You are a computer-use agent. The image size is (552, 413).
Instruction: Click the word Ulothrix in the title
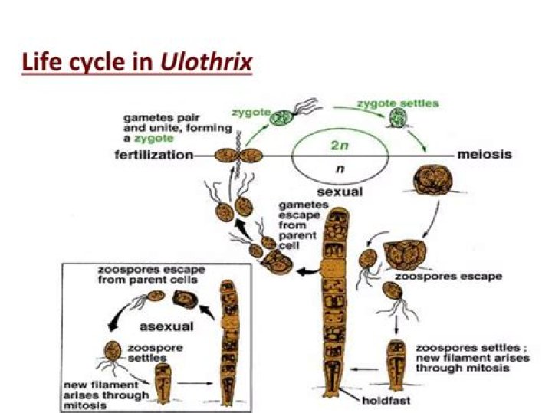(x=207, y=62)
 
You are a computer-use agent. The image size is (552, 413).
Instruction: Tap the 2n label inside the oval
(x=340, y=145)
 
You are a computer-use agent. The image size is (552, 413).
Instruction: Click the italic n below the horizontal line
(x=340, y=169)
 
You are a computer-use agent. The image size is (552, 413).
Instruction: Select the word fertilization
(x=154, y=155)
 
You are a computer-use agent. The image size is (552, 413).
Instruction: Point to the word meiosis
(x=485, y=155)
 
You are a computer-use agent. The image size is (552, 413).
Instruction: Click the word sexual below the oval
(x=340, y=192)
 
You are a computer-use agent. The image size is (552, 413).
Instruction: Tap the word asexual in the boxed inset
(x=166, y=327)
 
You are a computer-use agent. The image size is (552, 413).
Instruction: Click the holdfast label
(x=386, y=400)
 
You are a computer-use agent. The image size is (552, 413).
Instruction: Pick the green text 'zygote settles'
(x=398, y=103)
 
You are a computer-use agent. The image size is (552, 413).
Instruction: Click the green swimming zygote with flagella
(x=294, y=113)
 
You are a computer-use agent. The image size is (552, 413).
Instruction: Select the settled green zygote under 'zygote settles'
(x=398, y=117)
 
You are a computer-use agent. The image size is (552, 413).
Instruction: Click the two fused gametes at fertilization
(x=238, y=156)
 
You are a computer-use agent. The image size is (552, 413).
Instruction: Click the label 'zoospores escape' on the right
(x=449, y=277)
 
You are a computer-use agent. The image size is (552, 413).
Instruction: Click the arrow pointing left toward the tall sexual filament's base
(x=365, y=369)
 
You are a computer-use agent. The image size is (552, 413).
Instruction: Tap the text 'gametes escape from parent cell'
(x=299, y=225)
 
